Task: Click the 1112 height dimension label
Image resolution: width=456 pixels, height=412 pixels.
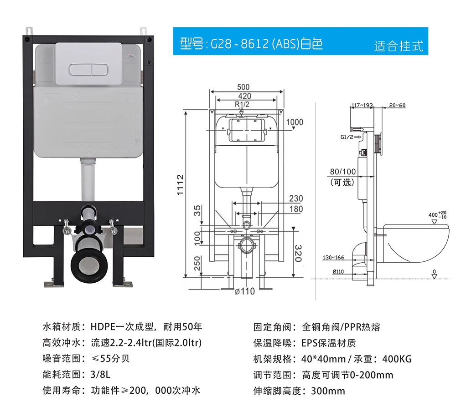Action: [180, 185]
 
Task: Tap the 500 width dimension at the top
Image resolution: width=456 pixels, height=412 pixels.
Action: [243, 87]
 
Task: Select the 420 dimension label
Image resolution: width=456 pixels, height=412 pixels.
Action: [244, 96]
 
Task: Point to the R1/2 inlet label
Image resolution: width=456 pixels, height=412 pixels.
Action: [242, 104]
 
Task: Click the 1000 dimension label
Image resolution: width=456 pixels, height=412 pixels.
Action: [295, 122]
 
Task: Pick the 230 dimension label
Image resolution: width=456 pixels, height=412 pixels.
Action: [296, 198]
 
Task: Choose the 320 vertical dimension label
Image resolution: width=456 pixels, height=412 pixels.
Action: [298, 253]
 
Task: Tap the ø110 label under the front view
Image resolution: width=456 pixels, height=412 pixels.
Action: [244, 291]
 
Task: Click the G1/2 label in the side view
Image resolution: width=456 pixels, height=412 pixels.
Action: [347, 137]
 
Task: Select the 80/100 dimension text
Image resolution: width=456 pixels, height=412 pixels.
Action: [342, 172]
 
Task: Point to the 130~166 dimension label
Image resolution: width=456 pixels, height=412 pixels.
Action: [333, 258]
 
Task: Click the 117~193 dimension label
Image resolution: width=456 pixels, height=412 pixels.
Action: [362, 105]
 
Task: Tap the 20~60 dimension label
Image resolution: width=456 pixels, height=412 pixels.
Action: [397, 105]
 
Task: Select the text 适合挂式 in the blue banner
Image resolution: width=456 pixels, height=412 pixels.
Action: [399, 46]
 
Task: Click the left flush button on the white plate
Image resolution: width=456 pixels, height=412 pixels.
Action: [80, 70]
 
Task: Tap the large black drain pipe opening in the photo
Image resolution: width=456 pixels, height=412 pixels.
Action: [89, 266]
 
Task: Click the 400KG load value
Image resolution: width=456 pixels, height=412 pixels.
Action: [397, 359]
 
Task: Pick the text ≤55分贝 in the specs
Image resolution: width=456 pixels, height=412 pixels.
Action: [110, 359]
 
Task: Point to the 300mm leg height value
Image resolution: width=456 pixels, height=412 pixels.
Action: [328, 391]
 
